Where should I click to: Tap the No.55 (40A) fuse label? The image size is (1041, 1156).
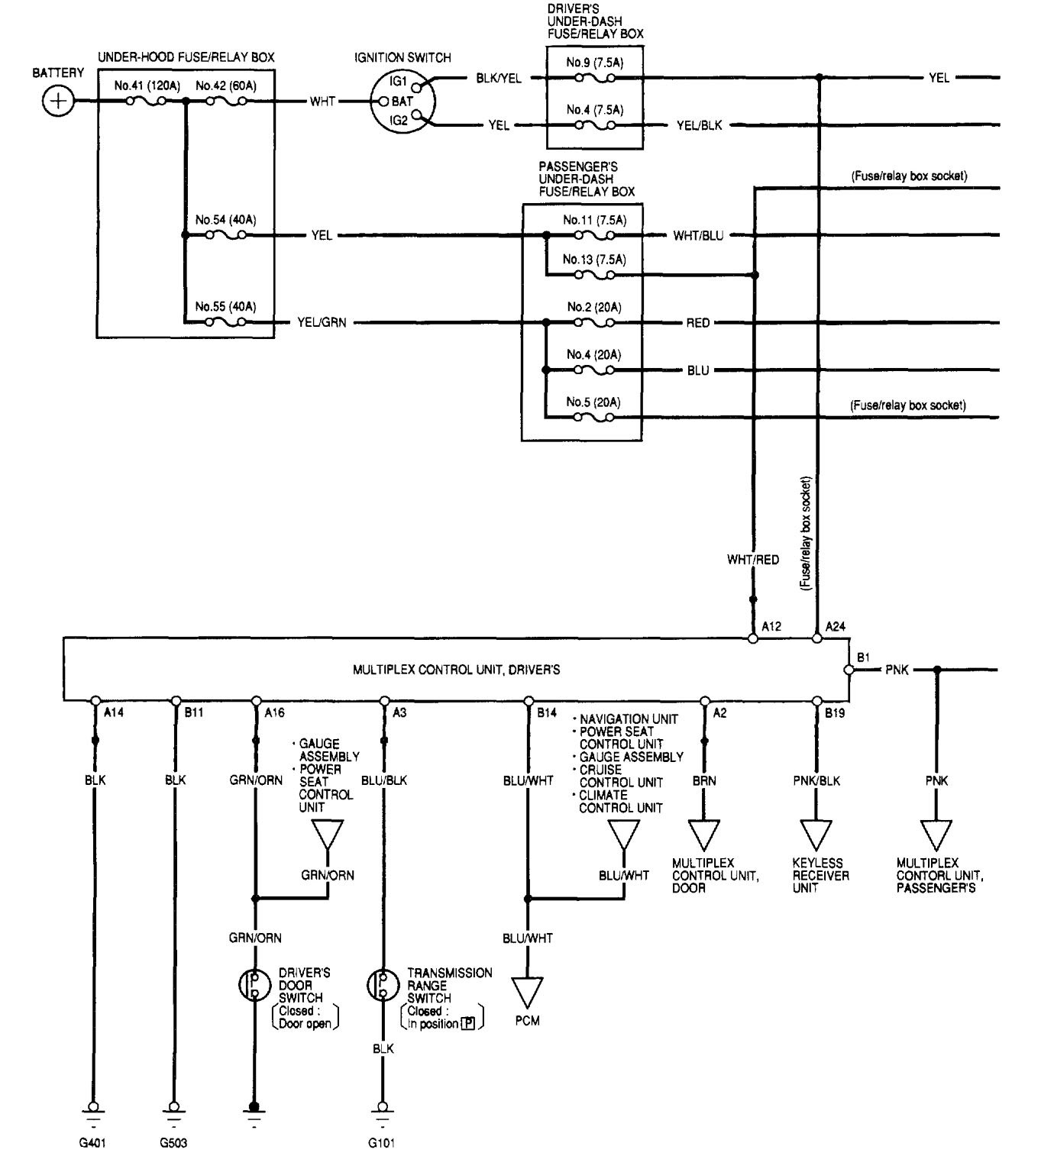click(225, 307)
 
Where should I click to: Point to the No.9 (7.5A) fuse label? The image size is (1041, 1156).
click(594, 63)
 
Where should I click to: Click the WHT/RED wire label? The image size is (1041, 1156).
click(753, 560)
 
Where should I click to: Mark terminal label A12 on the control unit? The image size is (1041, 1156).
click(771, 627)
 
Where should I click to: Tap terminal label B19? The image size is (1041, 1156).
click(835, 713)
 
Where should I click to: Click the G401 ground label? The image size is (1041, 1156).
click(94, 1143)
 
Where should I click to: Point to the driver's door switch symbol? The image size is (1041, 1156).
click(254, 985)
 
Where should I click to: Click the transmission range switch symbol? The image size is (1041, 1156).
click(381, 985)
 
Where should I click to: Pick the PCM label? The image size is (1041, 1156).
click(527, 1021)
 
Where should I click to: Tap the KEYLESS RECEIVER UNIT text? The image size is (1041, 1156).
click(820, 875)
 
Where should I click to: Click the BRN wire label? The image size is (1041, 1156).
click(705, 781)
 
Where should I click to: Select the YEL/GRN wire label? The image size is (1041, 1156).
click(322, 323)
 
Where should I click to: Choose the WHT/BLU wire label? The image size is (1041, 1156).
click(698, 236)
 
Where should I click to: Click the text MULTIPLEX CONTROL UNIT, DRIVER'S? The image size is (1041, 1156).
click(456, 670)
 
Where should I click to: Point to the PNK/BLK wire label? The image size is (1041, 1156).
click(816, 781)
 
